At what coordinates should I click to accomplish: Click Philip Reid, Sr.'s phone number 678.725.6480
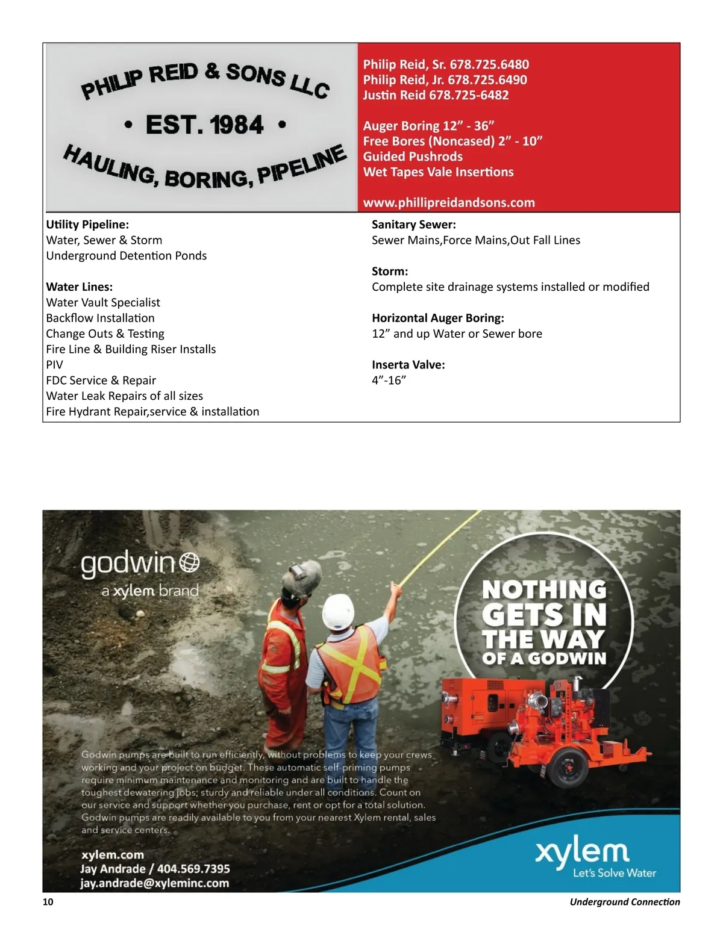[x=489, y=64]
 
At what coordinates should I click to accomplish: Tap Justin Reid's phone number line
[x=436, y=95]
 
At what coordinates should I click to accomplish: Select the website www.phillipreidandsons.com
[x=449, y=202]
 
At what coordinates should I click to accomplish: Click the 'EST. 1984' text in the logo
[x=204, y=125]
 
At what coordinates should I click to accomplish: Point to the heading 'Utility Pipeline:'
[x=87, y=225]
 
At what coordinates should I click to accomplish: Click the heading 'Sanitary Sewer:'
[x=413, y=225]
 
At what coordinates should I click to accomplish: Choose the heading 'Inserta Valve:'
[x=408, y=365]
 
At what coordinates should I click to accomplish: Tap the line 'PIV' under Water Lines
[x=54, y=365]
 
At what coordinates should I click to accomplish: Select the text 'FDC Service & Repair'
[x=101, y=381]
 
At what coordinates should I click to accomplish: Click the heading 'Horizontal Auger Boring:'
[x=437, y=318]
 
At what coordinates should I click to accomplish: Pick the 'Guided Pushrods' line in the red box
[x=413, y=157]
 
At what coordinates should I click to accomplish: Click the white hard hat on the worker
[x=337, y=611]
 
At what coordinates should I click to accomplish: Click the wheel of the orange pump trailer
[x=567, y=766]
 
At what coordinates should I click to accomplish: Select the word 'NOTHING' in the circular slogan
[x=544, y=589]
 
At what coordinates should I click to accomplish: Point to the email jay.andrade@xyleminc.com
[x=154, y=883]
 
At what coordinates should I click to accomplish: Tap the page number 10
[x=48, y=902]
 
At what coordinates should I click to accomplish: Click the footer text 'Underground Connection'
[x=624, y=902]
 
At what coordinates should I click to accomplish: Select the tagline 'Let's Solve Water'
[x=614, y=873]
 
